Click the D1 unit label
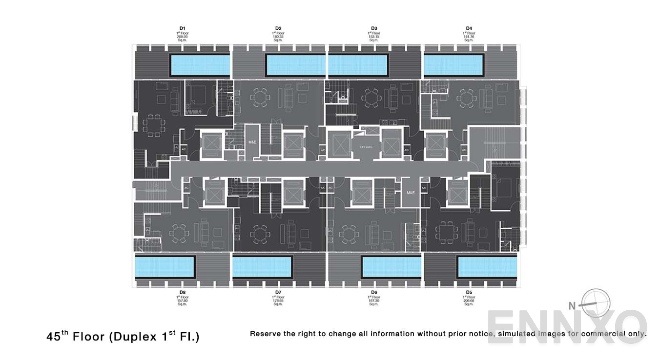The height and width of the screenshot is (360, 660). click(182, 28)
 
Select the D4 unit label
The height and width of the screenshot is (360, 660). click(469, 28)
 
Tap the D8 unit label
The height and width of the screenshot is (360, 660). click(182, 292)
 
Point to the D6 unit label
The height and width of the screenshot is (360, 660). click(374, 292)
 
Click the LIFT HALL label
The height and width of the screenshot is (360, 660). click(366, 146)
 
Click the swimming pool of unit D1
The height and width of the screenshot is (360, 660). click(199, 65)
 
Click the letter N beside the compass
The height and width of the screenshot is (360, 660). click(572, 306)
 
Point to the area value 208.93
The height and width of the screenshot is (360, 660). click(182, 37)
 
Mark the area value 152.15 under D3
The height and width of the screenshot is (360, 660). click(374, 37)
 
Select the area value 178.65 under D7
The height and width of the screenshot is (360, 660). click(278, 300)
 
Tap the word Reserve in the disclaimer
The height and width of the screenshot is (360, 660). click(266, 334)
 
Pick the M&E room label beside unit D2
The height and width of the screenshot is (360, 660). click(252, 142)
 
